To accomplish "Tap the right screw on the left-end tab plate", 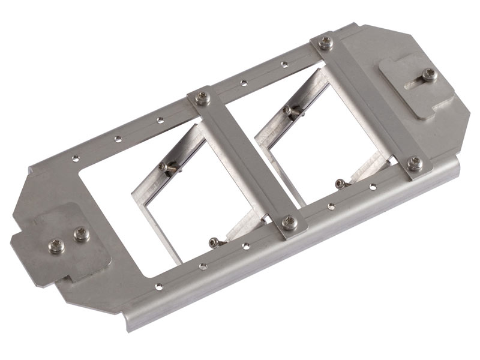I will tap(81, 234).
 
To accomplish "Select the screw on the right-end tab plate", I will tap(429, 74).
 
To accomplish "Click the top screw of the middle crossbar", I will tap(203, 98).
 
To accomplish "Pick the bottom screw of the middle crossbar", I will tap(289, 222).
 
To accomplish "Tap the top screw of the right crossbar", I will tap(326, 43).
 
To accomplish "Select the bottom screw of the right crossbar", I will tap(414, 163).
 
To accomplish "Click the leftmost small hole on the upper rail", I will tap(76, 158).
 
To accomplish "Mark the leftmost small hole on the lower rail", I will tap(158, 286).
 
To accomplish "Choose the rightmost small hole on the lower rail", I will tap(373, 187).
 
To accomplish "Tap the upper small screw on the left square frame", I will tap(164, 167).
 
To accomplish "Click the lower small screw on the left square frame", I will tap(214, 242).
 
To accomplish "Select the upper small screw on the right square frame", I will tap(289, 110).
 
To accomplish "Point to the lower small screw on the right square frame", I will tap(340, 183).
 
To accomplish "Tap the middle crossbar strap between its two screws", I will tap(246, 161).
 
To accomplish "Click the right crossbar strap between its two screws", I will tap(370, 103).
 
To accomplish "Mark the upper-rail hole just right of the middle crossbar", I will tap(243, 83).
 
